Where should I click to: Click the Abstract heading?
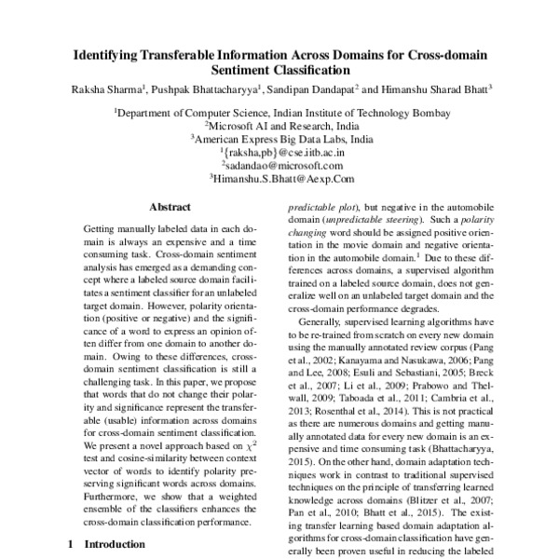coord(170,207)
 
